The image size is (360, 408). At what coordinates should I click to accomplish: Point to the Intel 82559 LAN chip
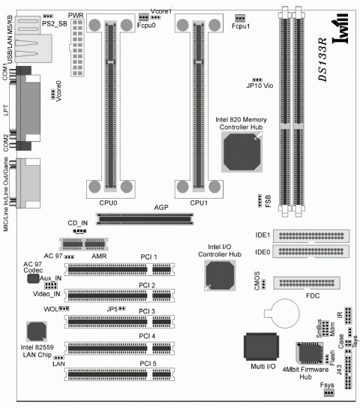[37, 331]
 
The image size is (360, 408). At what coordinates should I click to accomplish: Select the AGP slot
[145, 219]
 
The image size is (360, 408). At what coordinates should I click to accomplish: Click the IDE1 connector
[311, 235]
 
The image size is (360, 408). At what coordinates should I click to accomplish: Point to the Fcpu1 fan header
[240, 17]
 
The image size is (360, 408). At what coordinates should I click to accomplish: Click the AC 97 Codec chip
[33, 278]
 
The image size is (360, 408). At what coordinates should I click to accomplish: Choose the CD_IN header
[79, 231]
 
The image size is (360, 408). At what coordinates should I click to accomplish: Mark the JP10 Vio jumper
[256, 78]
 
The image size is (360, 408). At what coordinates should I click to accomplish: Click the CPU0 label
[108, 202]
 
